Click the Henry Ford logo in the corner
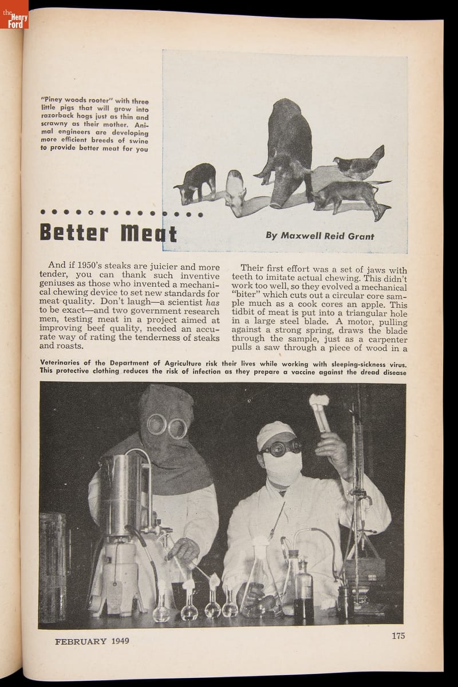pos(14,14)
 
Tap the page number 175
pos(398,635)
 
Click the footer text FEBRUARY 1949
pos(92,641)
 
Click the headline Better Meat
pos(108,233)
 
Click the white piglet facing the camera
pos(235,191)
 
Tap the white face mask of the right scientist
pos(283,467)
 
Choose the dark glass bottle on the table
pos(303,595)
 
